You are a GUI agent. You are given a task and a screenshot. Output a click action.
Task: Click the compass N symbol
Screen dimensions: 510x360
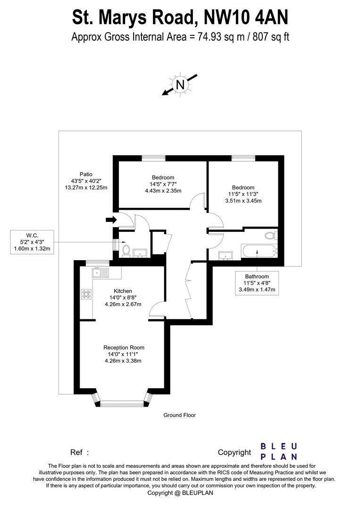[x=179, y=85]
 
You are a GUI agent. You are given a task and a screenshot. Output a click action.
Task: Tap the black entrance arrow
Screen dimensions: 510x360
[x=111, y=219]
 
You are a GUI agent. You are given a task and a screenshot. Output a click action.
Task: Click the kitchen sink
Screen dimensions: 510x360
[x=100, y=272]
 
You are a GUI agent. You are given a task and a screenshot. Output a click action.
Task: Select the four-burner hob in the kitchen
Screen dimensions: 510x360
[x=86, y=294]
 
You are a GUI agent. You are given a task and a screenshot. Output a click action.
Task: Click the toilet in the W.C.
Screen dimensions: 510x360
[x=126, y=249]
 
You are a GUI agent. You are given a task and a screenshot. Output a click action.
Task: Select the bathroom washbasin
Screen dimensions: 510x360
[x=226, y=255]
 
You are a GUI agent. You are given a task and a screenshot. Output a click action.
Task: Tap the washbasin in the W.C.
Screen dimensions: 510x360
[x=140, y=254]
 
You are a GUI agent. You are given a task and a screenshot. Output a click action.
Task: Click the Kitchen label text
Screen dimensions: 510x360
[x=123, y=291]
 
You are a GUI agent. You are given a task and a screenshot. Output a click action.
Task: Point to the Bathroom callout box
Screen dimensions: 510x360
[x=257, y=283]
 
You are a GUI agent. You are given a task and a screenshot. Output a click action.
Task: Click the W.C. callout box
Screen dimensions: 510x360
[x=32, y=242]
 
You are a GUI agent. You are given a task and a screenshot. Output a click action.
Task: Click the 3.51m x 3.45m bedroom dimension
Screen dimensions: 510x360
[x=243, y=201]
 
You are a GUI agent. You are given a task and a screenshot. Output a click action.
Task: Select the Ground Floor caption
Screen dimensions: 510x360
[x=179, y=415]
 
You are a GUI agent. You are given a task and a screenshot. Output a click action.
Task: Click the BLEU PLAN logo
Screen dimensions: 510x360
[x=279, y=451]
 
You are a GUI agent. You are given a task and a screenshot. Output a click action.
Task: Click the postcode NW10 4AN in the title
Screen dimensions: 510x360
[x=245, y=17]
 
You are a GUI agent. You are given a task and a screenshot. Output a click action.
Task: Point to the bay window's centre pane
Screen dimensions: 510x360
[x=122, y=403]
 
